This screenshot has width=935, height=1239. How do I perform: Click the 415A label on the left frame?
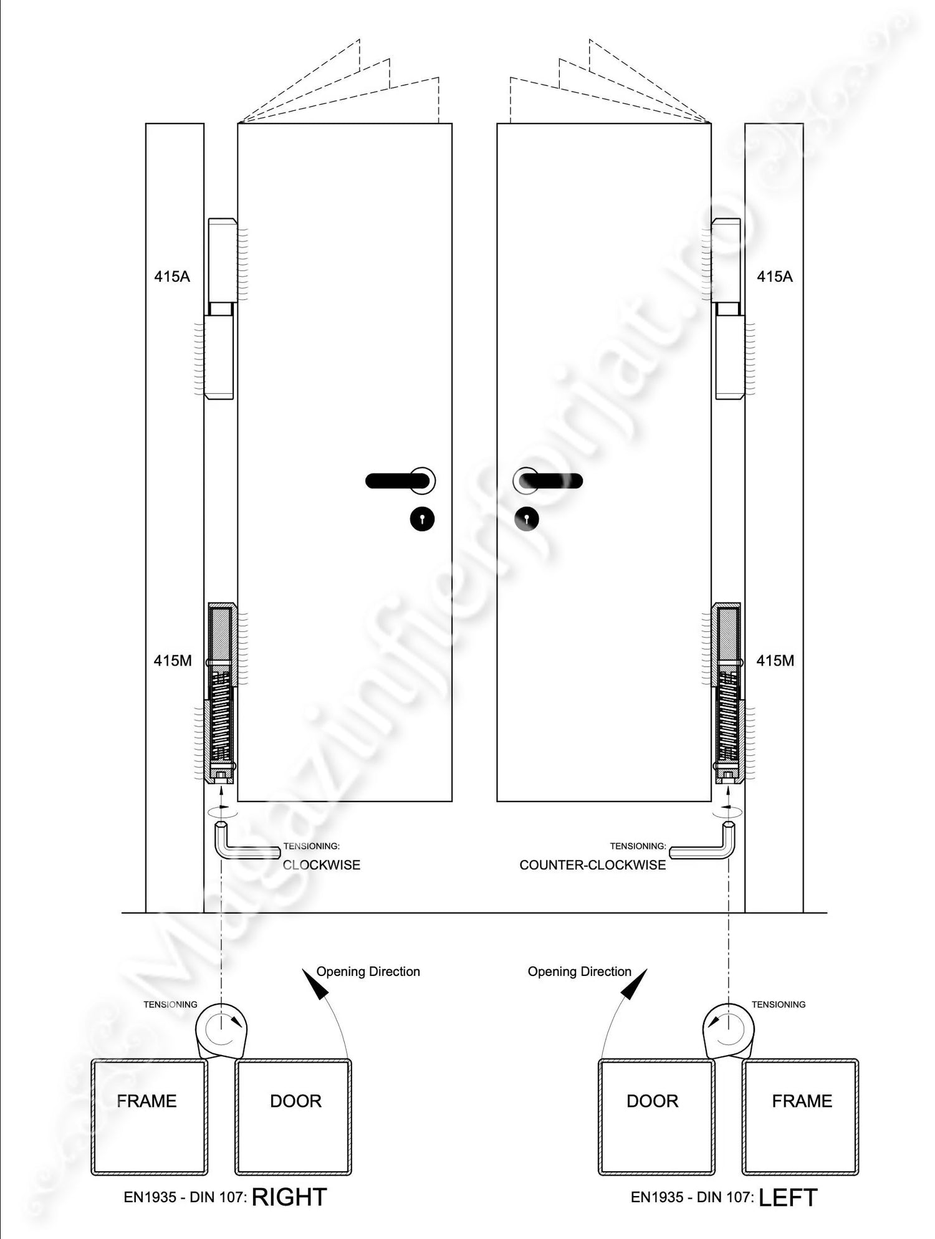[x=172, y=276]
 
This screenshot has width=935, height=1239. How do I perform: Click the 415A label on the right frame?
[x=775, y=276]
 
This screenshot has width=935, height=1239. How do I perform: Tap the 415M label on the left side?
[x=173, y=661]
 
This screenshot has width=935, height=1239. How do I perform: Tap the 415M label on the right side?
[x=775, y=661]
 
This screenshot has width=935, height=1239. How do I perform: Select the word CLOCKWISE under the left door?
[x=322, y=865]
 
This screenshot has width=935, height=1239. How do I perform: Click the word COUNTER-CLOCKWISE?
[x=593, y=865]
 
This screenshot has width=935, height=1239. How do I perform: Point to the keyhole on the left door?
[x=422, y=519]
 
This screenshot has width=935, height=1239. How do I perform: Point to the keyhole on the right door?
[x=527, y=519]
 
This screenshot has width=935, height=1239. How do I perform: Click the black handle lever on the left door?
[x=397, y=481]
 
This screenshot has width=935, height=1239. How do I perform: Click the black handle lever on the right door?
[x=552, y=481]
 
